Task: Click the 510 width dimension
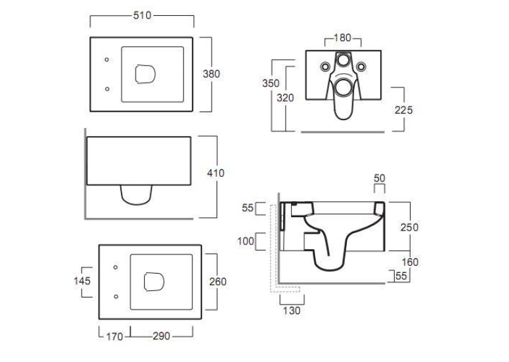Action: (x=142, y=15)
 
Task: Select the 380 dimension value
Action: (x=211, y=74)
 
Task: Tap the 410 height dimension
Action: (x=215, y=173)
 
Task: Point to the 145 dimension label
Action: (x=82, y=281)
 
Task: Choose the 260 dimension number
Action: (x=218, y=282)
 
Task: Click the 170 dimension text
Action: (x=114, y=337)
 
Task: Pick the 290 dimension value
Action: (x=161, y=336)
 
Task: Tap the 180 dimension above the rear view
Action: (x=342, y=38)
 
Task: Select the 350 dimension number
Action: (x=270, y=84)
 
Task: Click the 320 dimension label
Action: (x=285, y=98)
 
